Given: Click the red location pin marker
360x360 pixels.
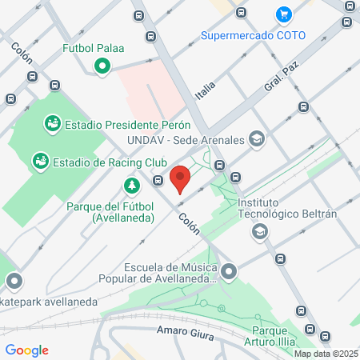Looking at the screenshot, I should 181,178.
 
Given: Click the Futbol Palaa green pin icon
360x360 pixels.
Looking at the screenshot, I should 102,66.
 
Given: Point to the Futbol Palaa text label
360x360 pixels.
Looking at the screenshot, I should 94,48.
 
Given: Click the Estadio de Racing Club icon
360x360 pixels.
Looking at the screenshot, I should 40,162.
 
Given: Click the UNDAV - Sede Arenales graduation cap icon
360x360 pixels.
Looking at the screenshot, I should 256,140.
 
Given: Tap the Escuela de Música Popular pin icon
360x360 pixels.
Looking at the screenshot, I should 230,273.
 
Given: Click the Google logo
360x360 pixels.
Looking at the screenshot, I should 26,350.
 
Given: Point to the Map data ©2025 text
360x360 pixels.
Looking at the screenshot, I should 326,354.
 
